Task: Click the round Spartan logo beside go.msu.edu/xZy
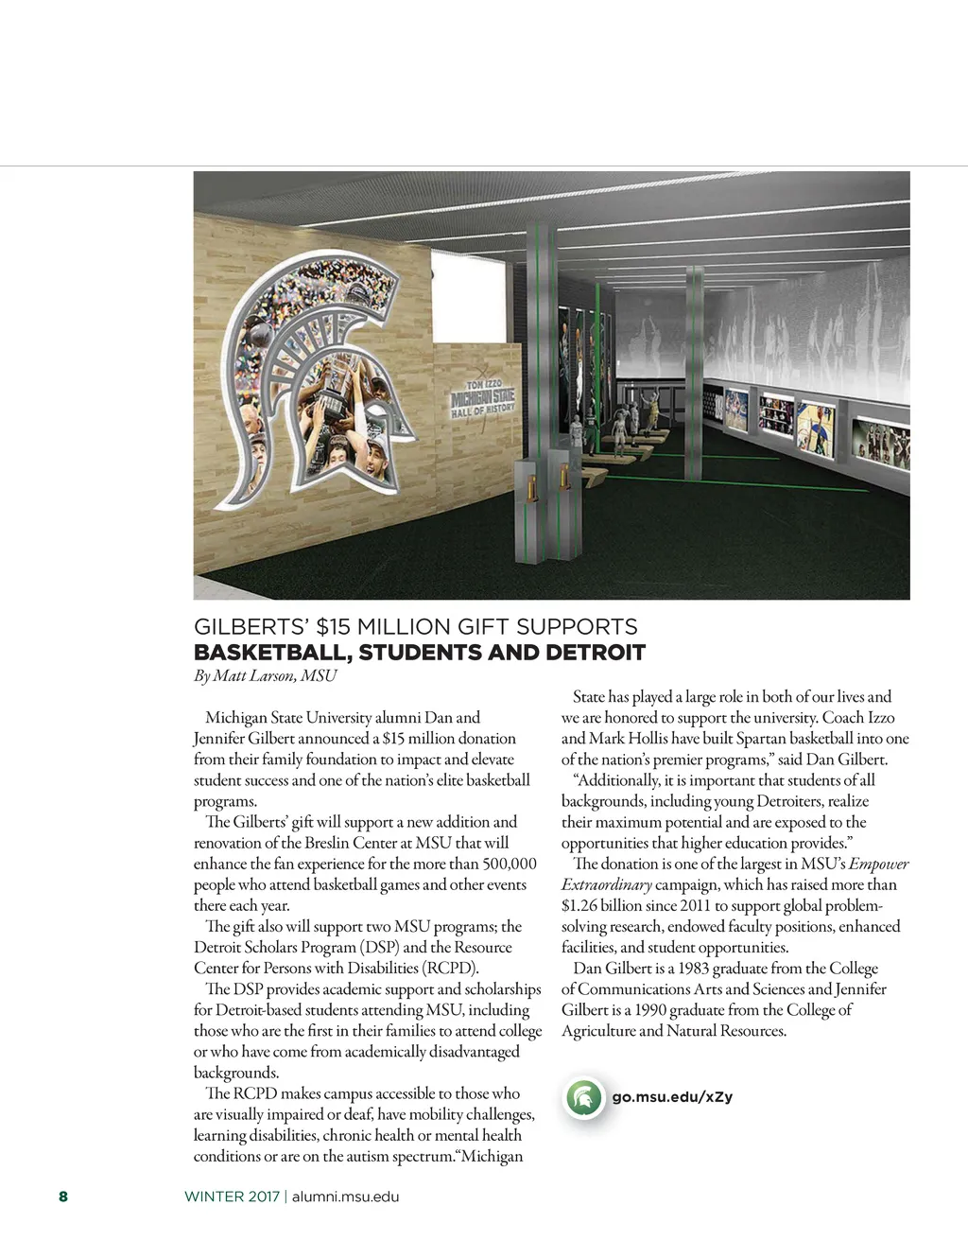tap(584, 1098)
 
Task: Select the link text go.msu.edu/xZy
tap(672, 1097)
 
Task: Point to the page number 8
tap(63, 1197)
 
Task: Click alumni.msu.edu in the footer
tap(345, 1197)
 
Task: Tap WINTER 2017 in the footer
tap(232, 1197)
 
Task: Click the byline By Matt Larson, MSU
tap(265, 675)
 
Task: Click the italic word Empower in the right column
tap(878, 864)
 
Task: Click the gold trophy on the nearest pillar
tap(532, 488)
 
